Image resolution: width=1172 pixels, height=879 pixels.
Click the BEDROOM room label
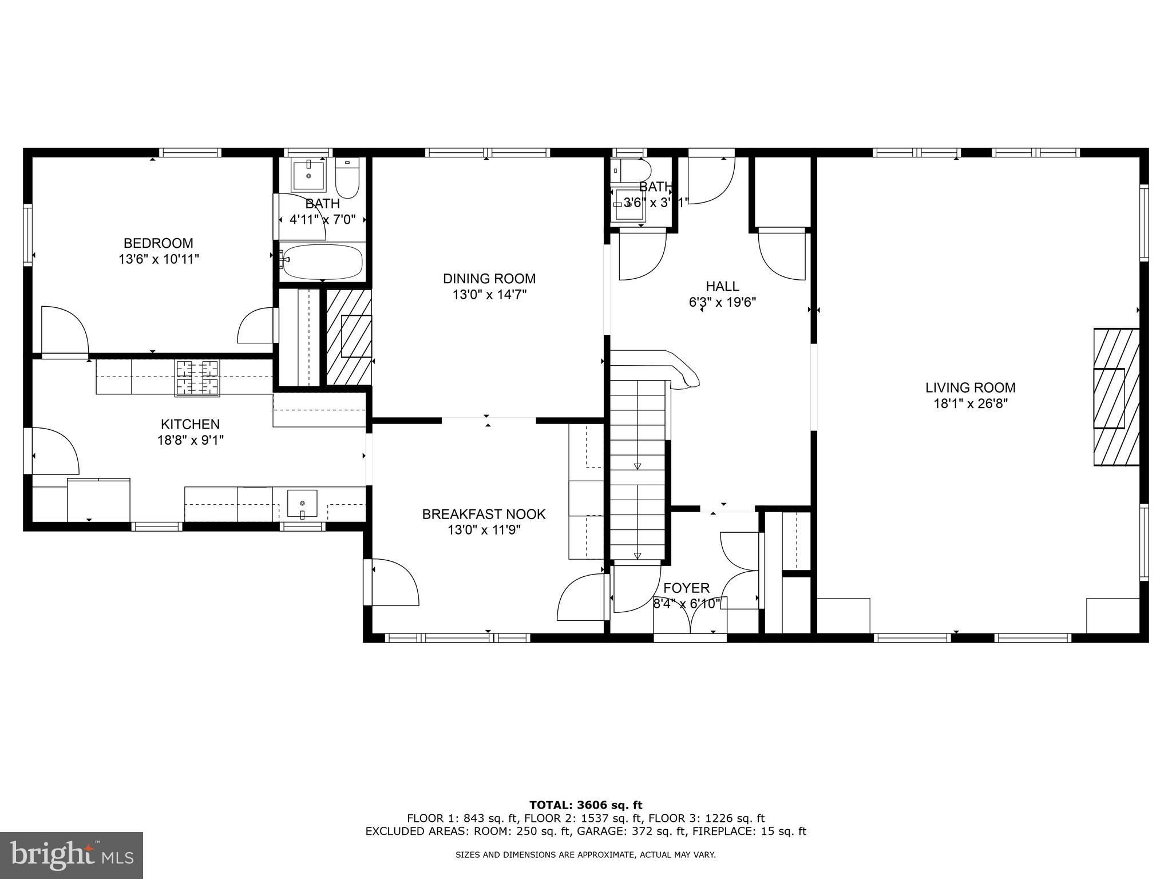click(x=159, y=243)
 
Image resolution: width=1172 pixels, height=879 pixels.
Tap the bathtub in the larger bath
click(x=322, y=262)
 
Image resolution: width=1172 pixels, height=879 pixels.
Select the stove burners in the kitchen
click(x=197, y=378)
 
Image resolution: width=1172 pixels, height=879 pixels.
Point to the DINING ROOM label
click(x=489, y=279)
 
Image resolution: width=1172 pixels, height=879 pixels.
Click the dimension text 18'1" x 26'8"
click(x=971, y=403)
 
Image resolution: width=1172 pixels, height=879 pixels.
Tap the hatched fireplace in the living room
click(x=1116, y=397)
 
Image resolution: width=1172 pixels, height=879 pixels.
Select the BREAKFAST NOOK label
click(x=484, y=514)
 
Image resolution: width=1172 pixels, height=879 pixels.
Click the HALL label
click(x=722, y=286)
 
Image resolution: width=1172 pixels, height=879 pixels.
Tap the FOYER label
click(x=686, y=588)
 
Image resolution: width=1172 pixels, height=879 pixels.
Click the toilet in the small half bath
click(x=633, y=170)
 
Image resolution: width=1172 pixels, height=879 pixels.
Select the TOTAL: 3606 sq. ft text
click(x=585, y=805)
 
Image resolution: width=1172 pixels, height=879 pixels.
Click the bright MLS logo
click(x=71, y=856)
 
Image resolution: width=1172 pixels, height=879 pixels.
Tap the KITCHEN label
click(x=190, y=424)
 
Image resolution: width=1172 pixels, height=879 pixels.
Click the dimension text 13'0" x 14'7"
click(x=489, y=295)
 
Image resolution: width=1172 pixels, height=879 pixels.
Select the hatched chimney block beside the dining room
click(x=349, y=337)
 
